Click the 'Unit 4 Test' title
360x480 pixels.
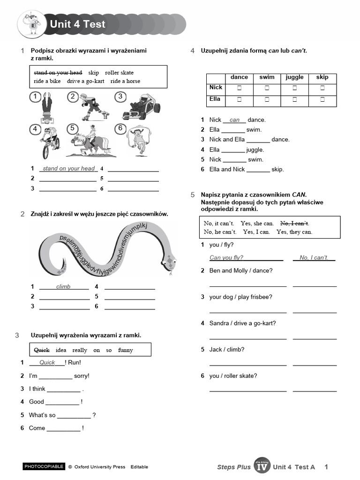coord(78,24)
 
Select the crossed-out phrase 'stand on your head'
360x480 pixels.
coord(58,73)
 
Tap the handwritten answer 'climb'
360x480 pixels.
coord(63,286)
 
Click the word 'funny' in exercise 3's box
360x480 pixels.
coord(125,350)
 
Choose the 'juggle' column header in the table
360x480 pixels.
coord(294,77)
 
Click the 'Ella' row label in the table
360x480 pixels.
coord(215,99)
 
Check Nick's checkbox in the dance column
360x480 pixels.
coord(239,88)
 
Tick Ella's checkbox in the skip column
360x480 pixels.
coord(322,99)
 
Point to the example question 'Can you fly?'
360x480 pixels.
coord(226,258)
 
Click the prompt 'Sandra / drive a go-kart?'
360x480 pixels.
coord(242,323)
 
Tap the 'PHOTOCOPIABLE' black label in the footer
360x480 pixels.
coord(44,466)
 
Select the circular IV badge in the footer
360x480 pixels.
coord(262,466)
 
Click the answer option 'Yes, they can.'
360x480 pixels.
coord(294,232)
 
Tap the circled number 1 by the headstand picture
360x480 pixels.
coord(35,97)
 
